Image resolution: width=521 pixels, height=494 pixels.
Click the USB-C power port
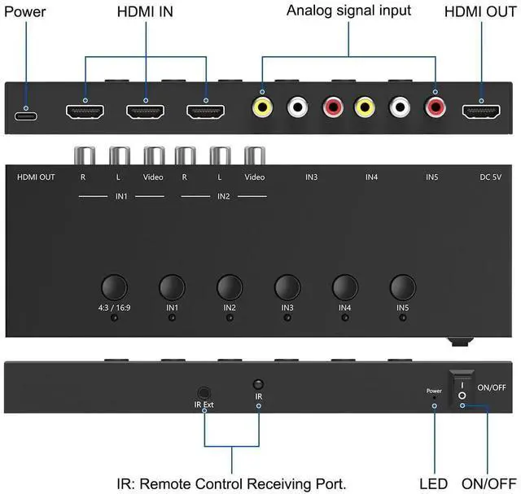(26, 116)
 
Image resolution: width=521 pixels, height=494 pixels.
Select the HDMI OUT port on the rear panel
(481, 111)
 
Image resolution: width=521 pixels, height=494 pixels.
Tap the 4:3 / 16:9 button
(114, 287)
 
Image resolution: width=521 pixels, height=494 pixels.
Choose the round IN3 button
(287, 287)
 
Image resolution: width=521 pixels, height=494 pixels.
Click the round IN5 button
(403, 287)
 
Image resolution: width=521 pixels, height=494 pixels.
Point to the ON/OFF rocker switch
(462, 388)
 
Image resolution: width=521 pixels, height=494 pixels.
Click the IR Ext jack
(204, 393)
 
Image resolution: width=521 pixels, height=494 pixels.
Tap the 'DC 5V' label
(490, 177)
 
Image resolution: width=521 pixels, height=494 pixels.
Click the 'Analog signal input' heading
(348, 11)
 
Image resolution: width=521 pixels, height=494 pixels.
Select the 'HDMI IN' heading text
(145, 11)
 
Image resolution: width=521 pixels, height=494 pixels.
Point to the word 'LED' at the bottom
(434, 483)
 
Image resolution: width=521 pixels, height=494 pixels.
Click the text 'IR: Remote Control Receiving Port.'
(231, 483)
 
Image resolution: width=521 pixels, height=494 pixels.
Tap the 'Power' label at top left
(25, 11)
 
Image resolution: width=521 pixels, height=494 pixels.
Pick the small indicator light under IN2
(230, 318)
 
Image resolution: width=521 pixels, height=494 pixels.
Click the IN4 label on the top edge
(371, 177)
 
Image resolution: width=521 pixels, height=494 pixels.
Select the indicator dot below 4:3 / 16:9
(114, 318)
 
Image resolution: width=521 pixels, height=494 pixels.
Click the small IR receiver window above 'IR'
(258, 384)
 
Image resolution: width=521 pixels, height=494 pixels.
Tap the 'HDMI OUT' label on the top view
(36, 177)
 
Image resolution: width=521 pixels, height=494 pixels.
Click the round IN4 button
(345, 287)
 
